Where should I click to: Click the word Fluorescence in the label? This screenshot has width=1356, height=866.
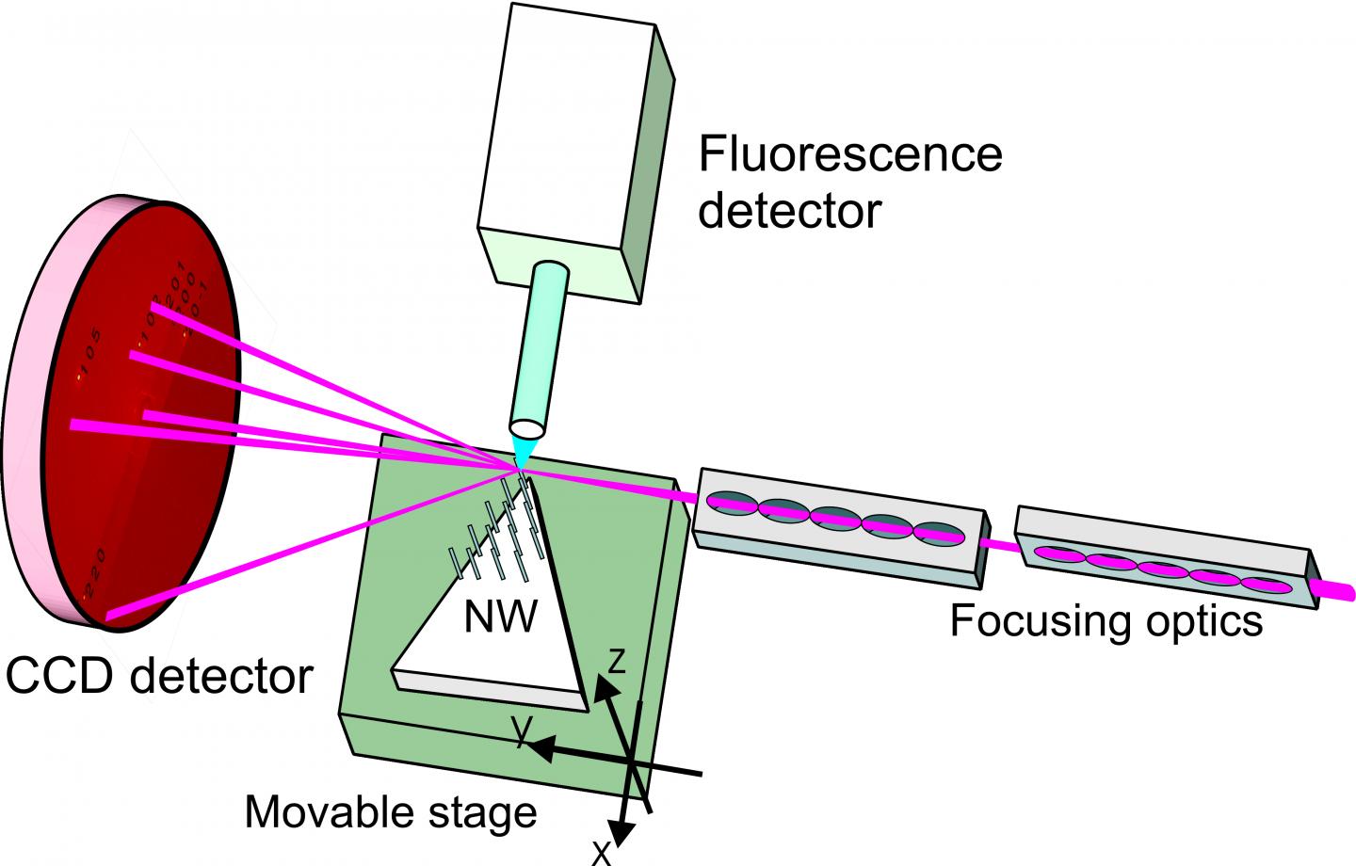pos(849,153)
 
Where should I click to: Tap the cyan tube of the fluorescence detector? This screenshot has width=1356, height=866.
pos(540,347)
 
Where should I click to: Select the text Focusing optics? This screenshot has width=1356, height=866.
pos(1106,620)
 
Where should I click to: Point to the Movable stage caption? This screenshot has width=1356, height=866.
pos(390,811)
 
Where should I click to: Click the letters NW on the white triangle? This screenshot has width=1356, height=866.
pos(501,617)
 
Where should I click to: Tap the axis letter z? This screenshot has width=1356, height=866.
pos(616,662)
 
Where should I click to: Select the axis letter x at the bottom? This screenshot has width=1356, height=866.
pos(600,852)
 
